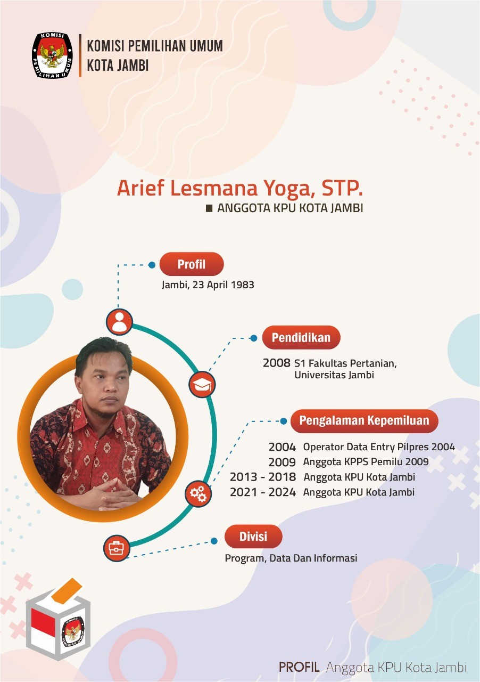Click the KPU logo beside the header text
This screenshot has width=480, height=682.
tap(52, 55)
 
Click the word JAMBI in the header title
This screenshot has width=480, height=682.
tap(134, 66)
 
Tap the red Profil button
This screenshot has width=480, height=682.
tap(192, 264)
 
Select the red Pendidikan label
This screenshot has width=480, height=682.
tap(301, 337)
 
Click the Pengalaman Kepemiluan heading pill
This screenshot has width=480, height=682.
tap(364, 420)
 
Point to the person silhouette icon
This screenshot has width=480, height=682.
tap(119, 322)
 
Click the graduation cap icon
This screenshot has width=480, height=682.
tap(202, 385)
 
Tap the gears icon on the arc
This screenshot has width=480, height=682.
tap(198, 493)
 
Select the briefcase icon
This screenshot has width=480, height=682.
tap(117, 548)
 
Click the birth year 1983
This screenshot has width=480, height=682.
tap(242, 285)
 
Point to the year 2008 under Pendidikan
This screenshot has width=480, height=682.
tap(277, 363)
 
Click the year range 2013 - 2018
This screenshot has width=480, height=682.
tap(262, 477)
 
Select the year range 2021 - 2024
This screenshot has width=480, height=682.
tap(262, 492)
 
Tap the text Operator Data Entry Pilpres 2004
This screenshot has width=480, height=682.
tap(379, 447)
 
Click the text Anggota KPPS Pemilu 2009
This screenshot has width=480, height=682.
tap(366, 462)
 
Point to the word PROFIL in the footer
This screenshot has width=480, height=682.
tap(299, 667)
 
